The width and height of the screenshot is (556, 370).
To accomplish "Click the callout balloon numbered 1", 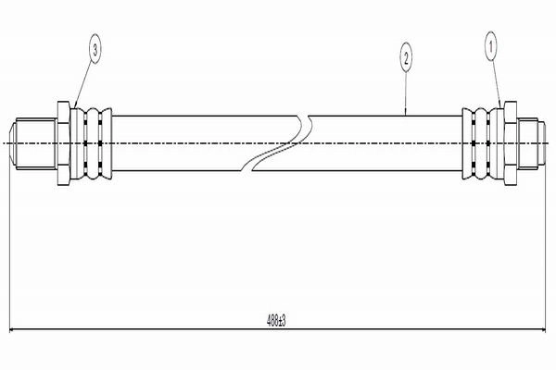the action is pos(491,47).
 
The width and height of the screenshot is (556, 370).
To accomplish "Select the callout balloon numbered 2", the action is pos(406,57).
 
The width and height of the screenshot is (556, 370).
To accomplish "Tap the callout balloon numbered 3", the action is pos(95,49).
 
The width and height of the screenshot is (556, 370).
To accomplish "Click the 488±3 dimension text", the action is pos(276,321).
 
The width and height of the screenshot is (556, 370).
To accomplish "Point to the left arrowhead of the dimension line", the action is pos(11,329).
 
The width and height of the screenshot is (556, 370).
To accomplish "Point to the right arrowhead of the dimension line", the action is pos(543,329).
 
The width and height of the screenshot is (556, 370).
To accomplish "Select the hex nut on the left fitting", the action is pos(63,143).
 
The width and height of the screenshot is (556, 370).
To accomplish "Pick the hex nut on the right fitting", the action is pos(511,142).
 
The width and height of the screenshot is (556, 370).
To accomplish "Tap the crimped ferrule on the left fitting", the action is pos(91,143).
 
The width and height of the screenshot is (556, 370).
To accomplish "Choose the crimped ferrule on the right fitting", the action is pos(483,143).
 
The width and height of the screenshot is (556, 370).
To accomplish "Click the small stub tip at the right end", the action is pos(541,143).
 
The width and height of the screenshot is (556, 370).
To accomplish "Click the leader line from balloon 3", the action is pos(83,86).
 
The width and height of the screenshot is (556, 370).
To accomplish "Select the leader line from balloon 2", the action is pos(406,93).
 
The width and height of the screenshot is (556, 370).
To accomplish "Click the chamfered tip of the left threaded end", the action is pos(12,143).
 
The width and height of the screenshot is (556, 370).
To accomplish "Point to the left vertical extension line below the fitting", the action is pos(9,248).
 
